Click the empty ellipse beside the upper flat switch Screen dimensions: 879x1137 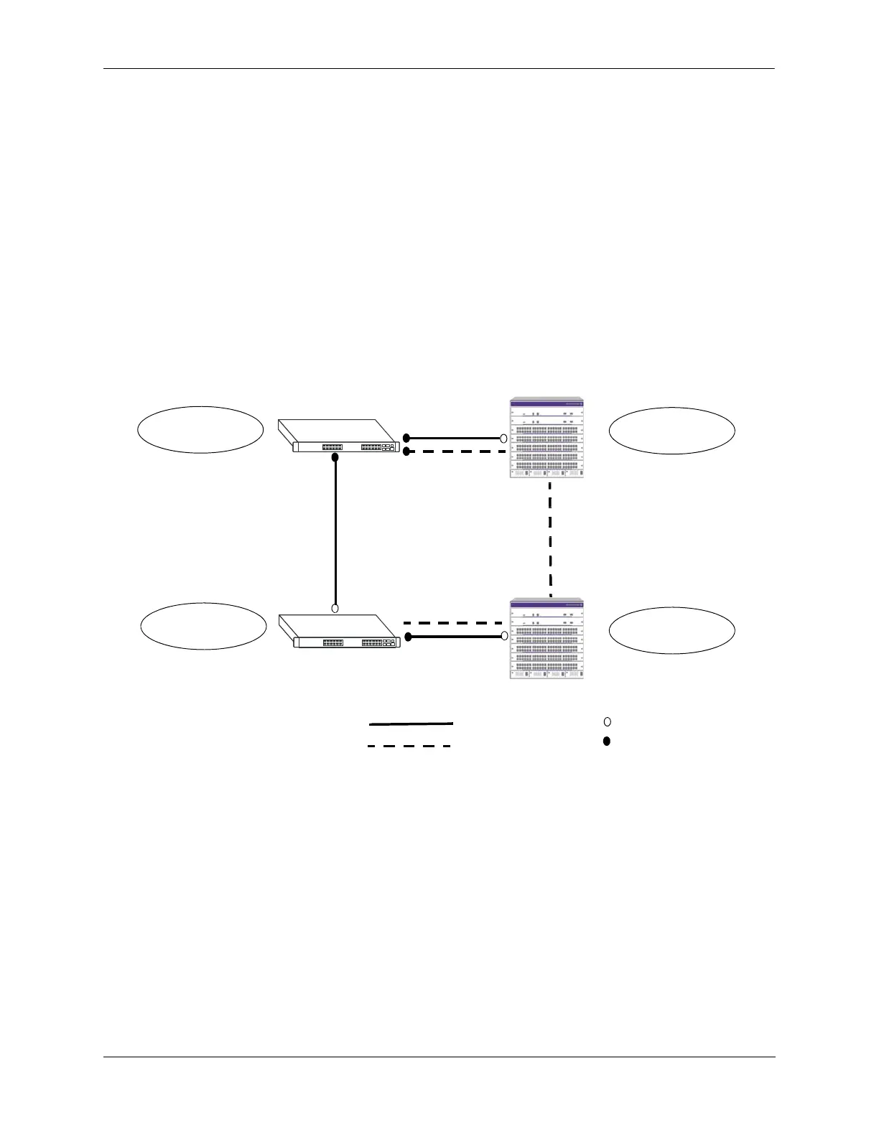coord(200,429)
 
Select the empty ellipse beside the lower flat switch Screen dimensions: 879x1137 coord(203,626)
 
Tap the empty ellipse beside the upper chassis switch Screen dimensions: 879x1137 coord(671,430)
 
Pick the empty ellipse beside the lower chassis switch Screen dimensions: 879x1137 coord(671,630)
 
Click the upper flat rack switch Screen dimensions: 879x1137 coord(338,436)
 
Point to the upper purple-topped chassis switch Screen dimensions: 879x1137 coord(547,438)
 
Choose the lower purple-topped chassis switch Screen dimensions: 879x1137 coord(547,639)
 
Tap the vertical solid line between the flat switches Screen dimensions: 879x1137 coord(335,531)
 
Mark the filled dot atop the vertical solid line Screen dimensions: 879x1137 coord(335,457)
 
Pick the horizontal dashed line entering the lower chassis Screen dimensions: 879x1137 coord(452,622)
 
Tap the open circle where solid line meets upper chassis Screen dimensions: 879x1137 coord(503,437)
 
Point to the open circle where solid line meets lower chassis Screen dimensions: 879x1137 coord(503,637)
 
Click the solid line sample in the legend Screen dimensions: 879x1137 coord(411,724)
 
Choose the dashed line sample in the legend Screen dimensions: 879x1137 coord(409,747)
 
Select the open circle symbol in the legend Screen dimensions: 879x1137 coord(607,721)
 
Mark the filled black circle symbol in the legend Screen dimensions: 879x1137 coord(607,741)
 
